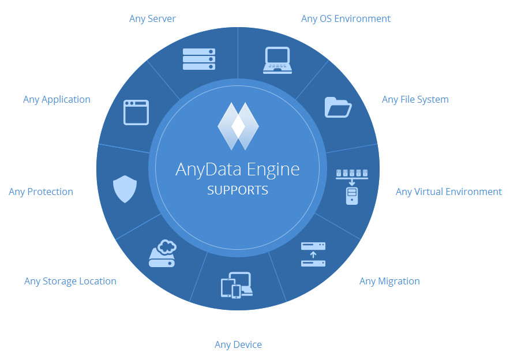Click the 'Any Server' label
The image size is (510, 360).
[152, 18]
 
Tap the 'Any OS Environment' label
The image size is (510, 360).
[346, 18]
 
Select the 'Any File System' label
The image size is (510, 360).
[415, 99]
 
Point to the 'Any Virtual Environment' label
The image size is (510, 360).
[448, 192]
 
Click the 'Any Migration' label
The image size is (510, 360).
[389, 281]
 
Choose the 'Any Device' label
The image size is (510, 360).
[238, 344]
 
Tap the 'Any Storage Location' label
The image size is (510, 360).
[70, 281]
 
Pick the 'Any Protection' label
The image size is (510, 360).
[41, 192]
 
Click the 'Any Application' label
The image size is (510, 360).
[57, 99]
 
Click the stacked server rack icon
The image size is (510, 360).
[198, 59]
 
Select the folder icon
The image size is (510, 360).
[338, 107]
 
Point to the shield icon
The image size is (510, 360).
[125, 189]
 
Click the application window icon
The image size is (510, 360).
[136, 112]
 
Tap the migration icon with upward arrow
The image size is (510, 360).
[313, 254]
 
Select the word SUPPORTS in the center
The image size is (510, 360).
[238, 190]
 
